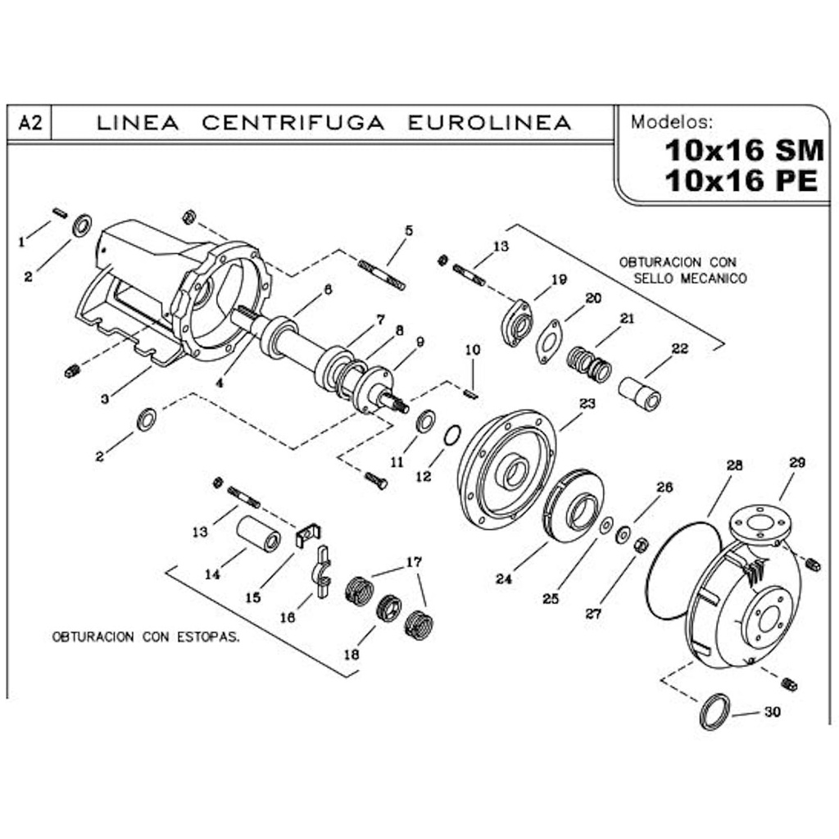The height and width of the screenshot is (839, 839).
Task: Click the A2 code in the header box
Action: click(x=29, y=124)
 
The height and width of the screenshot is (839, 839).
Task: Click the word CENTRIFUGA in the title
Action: click(x=293, y=123)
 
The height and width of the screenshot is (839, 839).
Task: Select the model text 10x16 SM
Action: click(x=744, y=151)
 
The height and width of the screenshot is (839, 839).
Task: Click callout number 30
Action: click(x=772, y=712)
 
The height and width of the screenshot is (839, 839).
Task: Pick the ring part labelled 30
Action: click(x=715, y=711)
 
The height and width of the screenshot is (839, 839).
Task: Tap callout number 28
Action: click(x=733, y=465)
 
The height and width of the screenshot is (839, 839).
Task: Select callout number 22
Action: click(x=679, y=347)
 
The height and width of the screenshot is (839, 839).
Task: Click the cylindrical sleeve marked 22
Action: click(x=640, y=392)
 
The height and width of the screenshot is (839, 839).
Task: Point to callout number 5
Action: click(x=409, y=231)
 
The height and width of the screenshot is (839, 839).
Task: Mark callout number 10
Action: click(x=473, y=350)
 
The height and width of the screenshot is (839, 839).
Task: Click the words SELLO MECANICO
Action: click(x=691, y=279)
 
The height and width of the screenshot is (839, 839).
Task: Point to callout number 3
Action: click(x=104, y=399)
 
